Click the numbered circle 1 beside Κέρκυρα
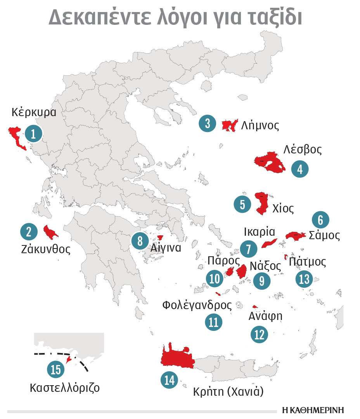[33, 134]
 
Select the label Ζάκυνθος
[46, 249]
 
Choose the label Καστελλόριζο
[64, 387]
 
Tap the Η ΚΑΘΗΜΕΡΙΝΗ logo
[313, 410]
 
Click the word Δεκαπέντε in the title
[99, 18]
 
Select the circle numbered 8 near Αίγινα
[139, 241]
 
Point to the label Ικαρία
[259, 232]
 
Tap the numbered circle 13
[304, 279]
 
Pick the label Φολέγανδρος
[197, 305]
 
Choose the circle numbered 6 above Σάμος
[320, 220]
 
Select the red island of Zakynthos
[50, 232]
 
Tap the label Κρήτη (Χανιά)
[228, 392]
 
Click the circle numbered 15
[56, 369]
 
